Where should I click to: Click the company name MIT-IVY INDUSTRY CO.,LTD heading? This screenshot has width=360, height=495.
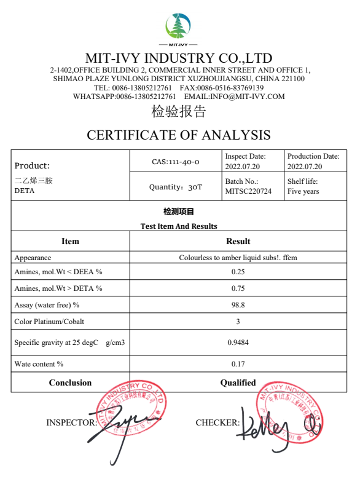click(x=179, y=58)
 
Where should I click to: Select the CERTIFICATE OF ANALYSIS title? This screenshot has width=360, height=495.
click(x=179, y=135)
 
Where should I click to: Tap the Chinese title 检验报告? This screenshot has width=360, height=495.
click(x=179, y=112)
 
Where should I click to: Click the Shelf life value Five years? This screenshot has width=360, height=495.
click(x=303, y=192)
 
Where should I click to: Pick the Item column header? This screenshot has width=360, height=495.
click(x=71, y=241)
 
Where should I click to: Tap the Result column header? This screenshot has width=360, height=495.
click(x=238, y=241)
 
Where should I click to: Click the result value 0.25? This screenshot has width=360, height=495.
click(x=238, y=272)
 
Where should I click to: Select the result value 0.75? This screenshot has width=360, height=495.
click(x=238, y=288)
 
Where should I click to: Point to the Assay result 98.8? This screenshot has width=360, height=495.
click(x=238, y=305)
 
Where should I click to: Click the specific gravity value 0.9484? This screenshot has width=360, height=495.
click(x=238, y=343)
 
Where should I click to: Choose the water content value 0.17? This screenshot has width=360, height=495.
click(x=238, y=364)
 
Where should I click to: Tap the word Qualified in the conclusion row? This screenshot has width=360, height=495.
click(x=238, y=382)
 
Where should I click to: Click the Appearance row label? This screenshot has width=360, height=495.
click(x=33, y=258)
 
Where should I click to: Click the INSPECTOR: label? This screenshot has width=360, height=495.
click(x=71, y=422)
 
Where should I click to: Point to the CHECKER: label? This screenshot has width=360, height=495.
click(x=217, y=422)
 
